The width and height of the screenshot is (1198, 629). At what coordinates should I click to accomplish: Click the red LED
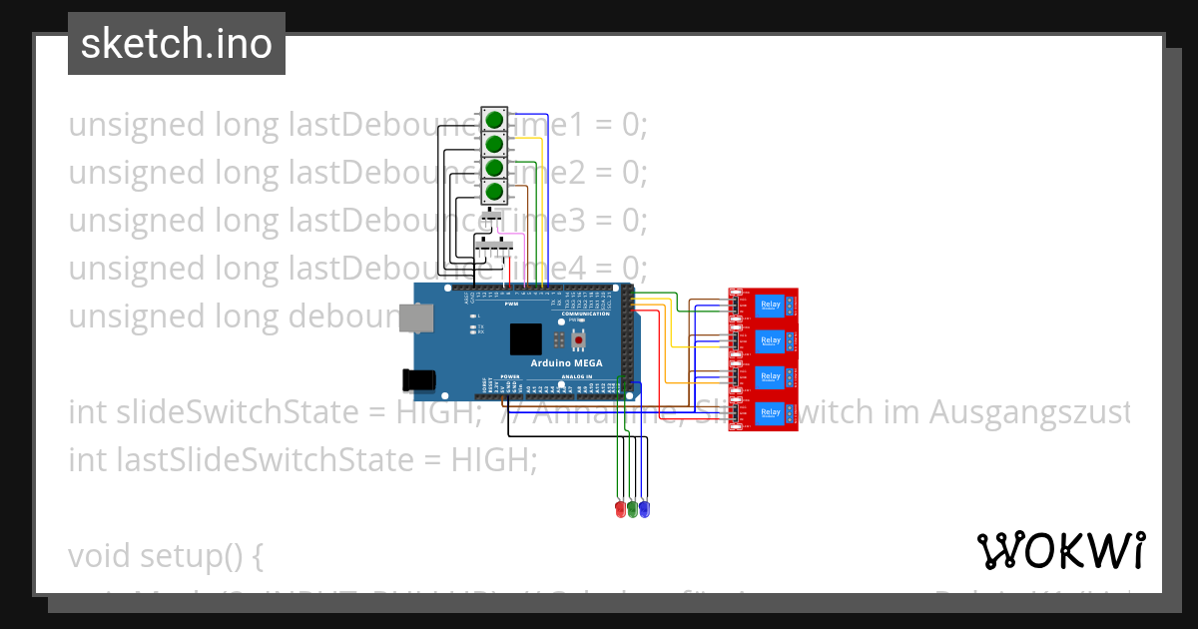click(620, 509)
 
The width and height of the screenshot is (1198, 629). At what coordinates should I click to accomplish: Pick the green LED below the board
click(632, 509)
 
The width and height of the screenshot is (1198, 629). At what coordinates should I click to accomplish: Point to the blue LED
click(644, 509)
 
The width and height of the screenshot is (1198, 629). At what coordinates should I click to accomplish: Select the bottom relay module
click(765, 412)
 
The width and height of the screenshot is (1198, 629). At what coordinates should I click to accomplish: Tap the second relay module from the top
click(765, 341)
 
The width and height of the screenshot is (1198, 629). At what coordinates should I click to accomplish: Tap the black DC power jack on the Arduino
click(418, 379)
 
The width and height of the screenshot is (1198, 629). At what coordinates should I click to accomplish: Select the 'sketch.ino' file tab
click(177, 44)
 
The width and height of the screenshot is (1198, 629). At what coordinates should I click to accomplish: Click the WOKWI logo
click(1060, 550)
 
